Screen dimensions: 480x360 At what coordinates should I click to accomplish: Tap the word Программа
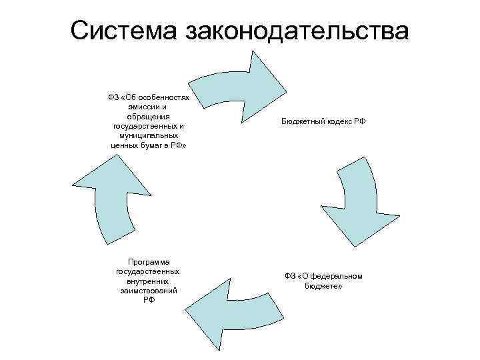tap(149, 262)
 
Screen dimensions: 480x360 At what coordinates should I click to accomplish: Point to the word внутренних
tap(149, 281)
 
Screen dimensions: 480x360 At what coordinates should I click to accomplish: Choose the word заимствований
tap(149, 291)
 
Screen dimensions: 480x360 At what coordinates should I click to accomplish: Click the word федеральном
tap(337, 276)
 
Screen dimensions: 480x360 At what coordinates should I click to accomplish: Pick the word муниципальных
tap(149, 135)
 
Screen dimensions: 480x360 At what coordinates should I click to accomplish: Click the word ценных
tap(122, 144)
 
